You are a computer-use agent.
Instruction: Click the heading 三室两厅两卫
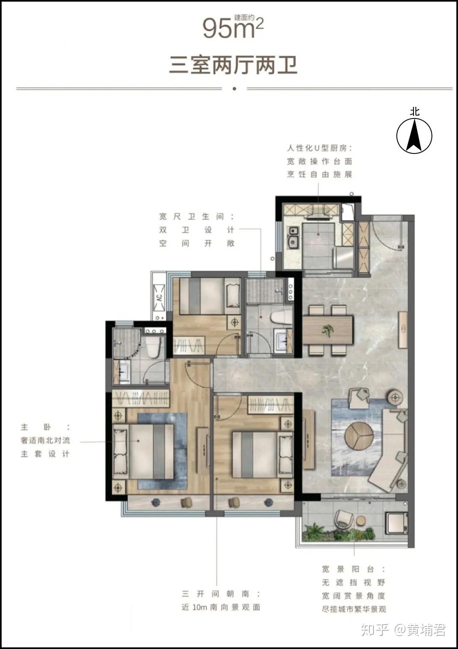click(x=233, y=65)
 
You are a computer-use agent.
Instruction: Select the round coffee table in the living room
click(x=359, y=436)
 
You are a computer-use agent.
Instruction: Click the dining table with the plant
click(x=327, y=330)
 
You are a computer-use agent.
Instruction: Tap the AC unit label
click(x=159, y=298)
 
